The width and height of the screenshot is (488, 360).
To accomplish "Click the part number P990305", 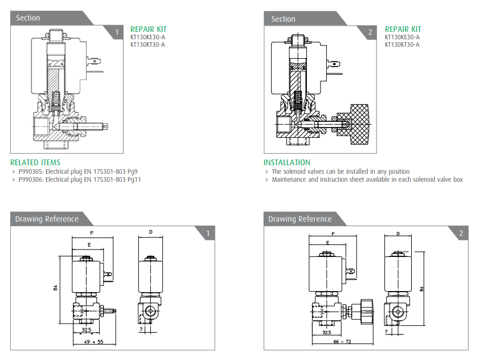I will click(31, 171).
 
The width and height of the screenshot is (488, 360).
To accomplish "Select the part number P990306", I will click(31, 179).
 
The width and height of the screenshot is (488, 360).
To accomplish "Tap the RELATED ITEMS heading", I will click(35, 162).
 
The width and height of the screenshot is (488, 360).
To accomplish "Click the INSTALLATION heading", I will click(287, 162).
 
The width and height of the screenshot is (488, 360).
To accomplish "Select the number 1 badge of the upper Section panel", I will click(117, 32).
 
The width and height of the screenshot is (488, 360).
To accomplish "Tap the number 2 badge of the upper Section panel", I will click(370, 32).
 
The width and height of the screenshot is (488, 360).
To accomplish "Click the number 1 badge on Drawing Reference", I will click(208, 233).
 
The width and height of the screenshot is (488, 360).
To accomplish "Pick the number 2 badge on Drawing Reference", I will click(461, 233).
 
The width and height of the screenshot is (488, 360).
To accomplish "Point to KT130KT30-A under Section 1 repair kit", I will click(147, 44).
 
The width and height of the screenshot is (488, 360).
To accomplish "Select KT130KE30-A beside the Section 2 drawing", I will click(402, 38).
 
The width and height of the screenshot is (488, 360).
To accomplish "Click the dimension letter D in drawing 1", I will click(150, 232).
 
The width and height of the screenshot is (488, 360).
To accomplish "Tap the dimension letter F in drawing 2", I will click(332, 234).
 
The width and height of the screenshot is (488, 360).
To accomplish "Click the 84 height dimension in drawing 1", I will click(56, 288).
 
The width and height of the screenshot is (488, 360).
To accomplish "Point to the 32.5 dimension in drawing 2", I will click(327, 332).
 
